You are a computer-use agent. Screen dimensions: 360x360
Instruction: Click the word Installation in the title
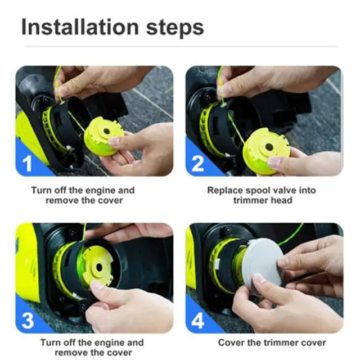pyautogui.click(x=80, y=27)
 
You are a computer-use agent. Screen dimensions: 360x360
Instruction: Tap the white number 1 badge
pyautogui.click(x=28, y=164)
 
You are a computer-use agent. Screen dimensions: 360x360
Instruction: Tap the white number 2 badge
pyautogui.click(x=197, y=164)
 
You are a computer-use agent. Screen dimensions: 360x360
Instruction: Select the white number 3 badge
pyautogui.click(x=28, y=320)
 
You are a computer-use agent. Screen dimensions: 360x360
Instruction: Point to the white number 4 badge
pyautogui.click(x=197, y=321)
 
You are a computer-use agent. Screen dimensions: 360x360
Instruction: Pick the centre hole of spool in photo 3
pyautogui.click(x=100, y=267)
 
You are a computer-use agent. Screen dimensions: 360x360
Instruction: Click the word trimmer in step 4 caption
pyautogui.click(x=281, y=343)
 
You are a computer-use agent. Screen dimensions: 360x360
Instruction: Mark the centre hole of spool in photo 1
pyautogui.click(x=107, y=131)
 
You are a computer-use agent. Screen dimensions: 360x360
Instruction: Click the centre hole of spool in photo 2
pyautogui.click(x=269, y=147)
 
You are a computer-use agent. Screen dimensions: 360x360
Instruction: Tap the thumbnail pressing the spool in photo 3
pyautogui.click(x=97, y=286)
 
